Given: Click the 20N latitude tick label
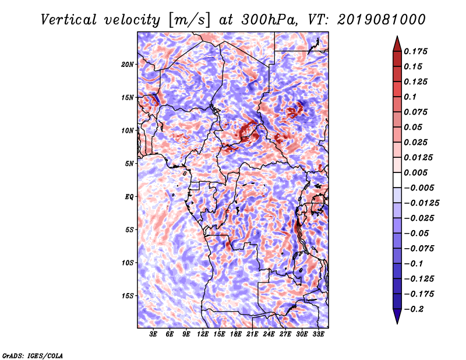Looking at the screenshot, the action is pos(128,65).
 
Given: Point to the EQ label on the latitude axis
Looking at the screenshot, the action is pos(129,197).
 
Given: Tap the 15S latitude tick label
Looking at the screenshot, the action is pos(128,296).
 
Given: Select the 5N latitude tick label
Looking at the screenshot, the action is pos(129,164).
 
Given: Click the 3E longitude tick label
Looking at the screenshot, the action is pos(153,334).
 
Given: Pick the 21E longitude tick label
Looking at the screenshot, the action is pos(252,334).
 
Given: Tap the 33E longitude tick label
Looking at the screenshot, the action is pos(318,334).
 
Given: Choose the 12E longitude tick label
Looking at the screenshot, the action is pos(203,334).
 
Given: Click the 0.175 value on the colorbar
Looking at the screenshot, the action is pos(415,51).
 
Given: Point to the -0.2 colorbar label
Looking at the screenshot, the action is pos(414,309).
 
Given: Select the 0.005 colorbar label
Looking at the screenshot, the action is pos(415,172).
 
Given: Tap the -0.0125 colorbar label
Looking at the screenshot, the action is pos(421,203).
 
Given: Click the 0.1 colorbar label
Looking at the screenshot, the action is pos(410,97).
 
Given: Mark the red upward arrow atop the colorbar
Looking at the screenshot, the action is pos(397,44).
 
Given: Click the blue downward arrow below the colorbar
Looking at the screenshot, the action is pos(397,316).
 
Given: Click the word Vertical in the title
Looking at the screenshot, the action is pos(69,20).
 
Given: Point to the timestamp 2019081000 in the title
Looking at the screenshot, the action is pos(382,20).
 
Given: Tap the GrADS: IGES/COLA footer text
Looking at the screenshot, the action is pos(33,355).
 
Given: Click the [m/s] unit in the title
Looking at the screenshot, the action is pos(189,20).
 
